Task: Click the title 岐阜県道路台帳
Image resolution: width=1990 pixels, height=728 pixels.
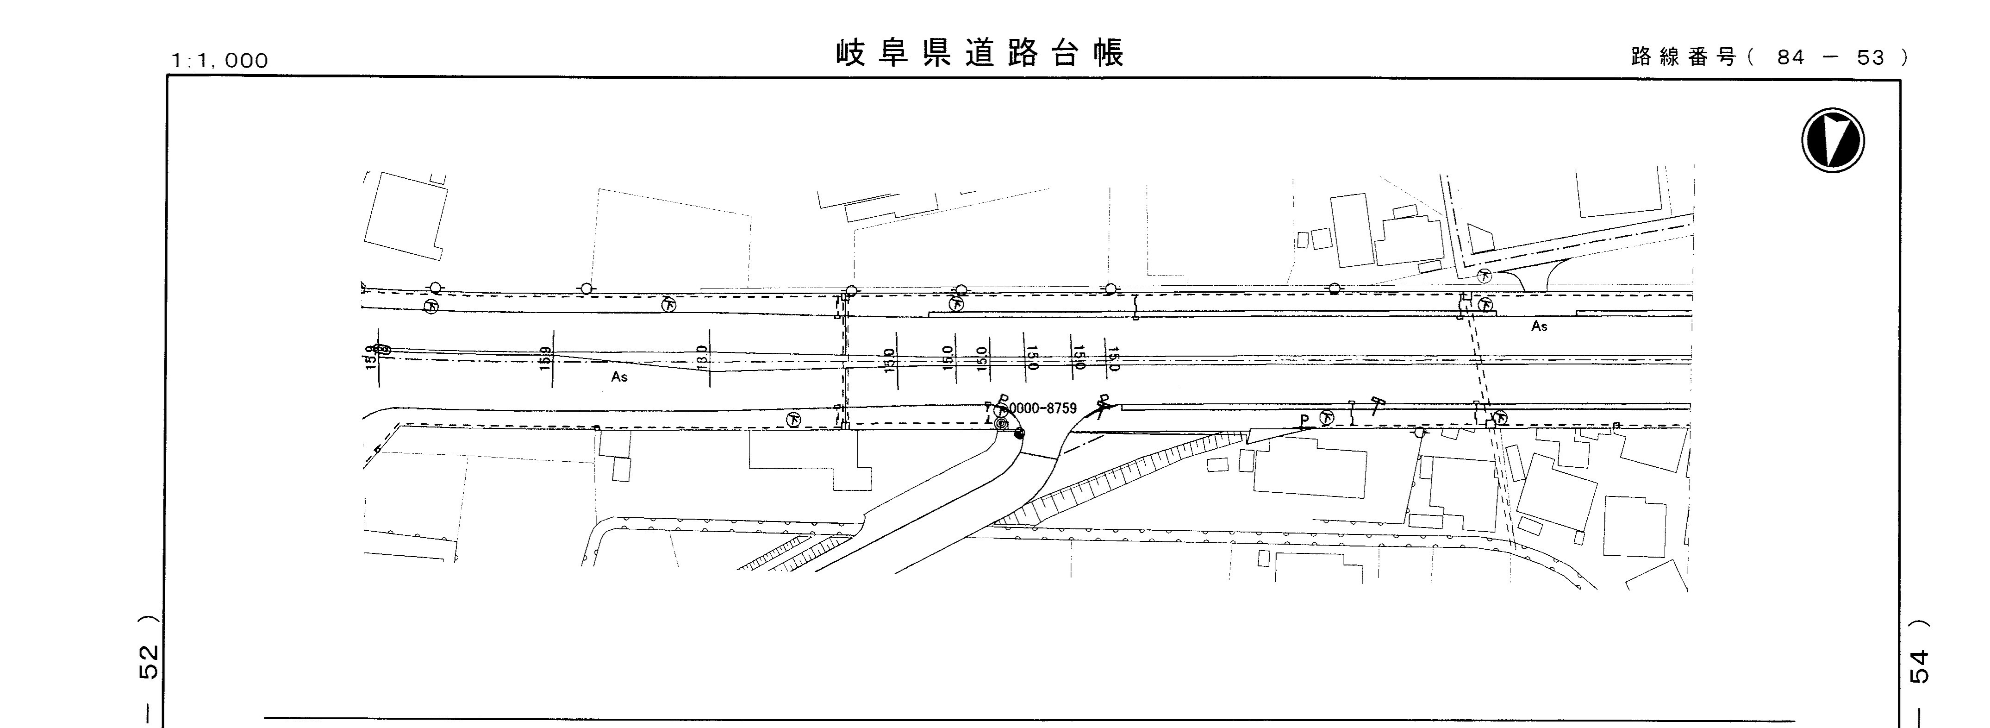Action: tap(979, 53)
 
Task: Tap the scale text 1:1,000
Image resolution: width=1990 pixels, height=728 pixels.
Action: tap(220, 60)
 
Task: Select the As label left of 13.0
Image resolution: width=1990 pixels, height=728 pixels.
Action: tap(619, 377)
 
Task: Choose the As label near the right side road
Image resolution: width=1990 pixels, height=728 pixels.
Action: tap(1539, 326)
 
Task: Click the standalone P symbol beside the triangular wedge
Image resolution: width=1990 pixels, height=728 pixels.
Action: tap(1304, 421)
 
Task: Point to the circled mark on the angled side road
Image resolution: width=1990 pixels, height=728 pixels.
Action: tap(1484, 275)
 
